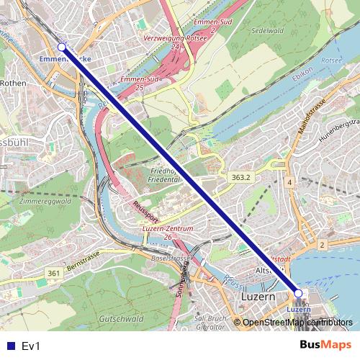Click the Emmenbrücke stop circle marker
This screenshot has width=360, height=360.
point(61,47)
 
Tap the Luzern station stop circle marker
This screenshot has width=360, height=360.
point(299,293)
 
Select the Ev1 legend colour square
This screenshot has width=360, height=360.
point(9,346)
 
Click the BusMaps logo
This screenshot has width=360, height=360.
point(327,346)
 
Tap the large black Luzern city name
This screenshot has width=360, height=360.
point(256,297)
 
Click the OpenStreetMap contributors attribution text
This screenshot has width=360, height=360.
point(295,323)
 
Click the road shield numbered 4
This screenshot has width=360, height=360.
point(289,184)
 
